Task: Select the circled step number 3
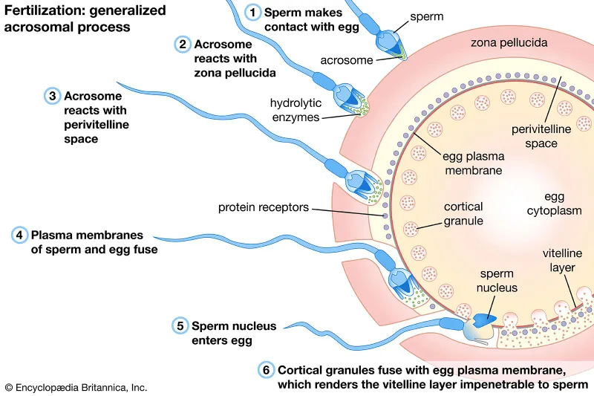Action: [52, 96]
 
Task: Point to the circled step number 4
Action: [19, 235]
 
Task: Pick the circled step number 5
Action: [180, 325]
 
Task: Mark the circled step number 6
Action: [265, 369]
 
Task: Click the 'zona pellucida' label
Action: [509, 43]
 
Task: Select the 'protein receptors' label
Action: [263, 207]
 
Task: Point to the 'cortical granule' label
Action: [463, 213]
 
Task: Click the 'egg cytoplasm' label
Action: [554, 204]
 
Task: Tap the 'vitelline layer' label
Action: [567, 260]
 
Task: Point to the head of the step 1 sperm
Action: [388, 42]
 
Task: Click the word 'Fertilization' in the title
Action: [38, 11]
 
